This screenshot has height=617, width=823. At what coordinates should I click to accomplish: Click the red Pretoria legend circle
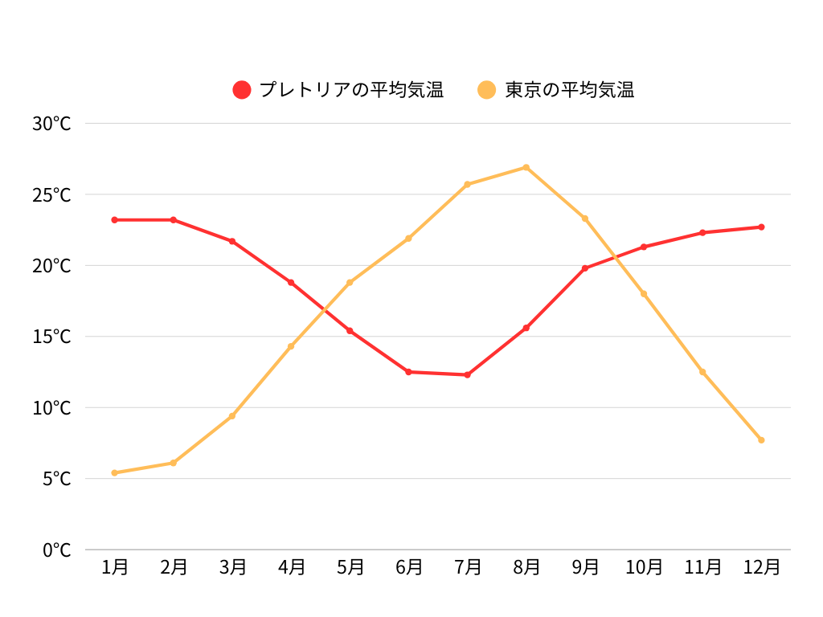[242, 90]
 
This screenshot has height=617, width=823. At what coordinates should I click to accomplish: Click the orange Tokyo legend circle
[487, 90]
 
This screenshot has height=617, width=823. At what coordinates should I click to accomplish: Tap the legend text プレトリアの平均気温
[351, 90]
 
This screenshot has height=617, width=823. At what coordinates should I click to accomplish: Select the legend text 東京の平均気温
[569, 90]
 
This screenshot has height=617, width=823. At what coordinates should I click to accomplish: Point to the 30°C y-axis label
[51, 124]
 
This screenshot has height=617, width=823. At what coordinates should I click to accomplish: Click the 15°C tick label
[51, 337]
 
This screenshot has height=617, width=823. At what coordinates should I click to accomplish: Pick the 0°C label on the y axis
[56, 550]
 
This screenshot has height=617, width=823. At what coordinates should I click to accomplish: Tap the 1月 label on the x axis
[115, 567]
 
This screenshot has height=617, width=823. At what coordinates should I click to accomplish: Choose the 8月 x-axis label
[526, 567]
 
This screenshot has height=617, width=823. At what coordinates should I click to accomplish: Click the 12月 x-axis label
[761, 567]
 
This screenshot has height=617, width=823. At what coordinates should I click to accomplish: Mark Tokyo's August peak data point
[526, 167]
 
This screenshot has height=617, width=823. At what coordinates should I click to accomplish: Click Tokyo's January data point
[115, 472]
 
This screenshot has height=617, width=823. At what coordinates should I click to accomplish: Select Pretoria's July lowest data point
[467, 374]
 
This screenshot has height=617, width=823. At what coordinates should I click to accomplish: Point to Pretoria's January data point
[115, 219]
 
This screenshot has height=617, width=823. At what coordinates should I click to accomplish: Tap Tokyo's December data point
[761, 439]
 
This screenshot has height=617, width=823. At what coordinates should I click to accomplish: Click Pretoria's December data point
[761, 227]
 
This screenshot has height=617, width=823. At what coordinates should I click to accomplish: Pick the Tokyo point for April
[291, 346]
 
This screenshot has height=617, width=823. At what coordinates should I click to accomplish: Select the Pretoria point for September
[585, 268]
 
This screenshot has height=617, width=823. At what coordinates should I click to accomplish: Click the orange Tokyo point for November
[702, 371]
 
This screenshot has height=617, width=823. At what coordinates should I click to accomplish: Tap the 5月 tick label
[350, 567]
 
